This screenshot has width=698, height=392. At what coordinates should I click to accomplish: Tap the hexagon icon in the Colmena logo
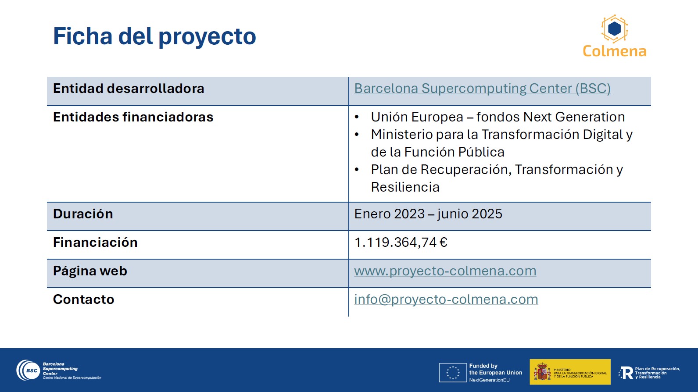[614, 29]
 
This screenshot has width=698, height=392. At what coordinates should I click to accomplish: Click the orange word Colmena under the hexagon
[615, 51]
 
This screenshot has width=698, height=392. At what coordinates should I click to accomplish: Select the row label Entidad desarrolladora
[129, 89]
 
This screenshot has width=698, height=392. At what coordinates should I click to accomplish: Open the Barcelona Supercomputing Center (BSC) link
[482, 89]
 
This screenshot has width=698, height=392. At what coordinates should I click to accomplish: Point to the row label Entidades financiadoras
[133, 117]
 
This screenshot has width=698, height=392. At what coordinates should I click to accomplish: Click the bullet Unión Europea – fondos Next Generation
[498, 117]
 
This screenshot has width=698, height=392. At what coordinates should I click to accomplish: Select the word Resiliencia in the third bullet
[405, 187]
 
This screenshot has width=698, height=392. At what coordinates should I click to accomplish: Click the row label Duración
[83, 214]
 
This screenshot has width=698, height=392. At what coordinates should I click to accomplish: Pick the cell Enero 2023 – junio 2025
[428, 214]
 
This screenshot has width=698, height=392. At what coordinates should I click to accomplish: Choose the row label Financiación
[95, 242]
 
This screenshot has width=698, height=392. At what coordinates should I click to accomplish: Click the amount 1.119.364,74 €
[401, 242]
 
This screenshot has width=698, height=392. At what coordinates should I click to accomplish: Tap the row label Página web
[90, 271]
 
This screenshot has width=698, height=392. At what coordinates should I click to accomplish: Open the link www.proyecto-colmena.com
[445, 271]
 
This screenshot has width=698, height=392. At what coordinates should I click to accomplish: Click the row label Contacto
[83, 299]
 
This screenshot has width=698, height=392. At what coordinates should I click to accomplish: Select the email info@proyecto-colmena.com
[446, 299]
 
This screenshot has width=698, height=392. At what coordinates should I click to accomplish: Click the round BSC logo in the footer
[28, 370]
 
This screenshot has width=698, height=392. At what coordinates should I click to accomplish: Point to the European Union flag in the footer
[453, 372]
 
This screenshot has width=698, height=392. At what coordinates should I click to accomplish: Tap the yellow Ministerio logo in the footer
[570, 372]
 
